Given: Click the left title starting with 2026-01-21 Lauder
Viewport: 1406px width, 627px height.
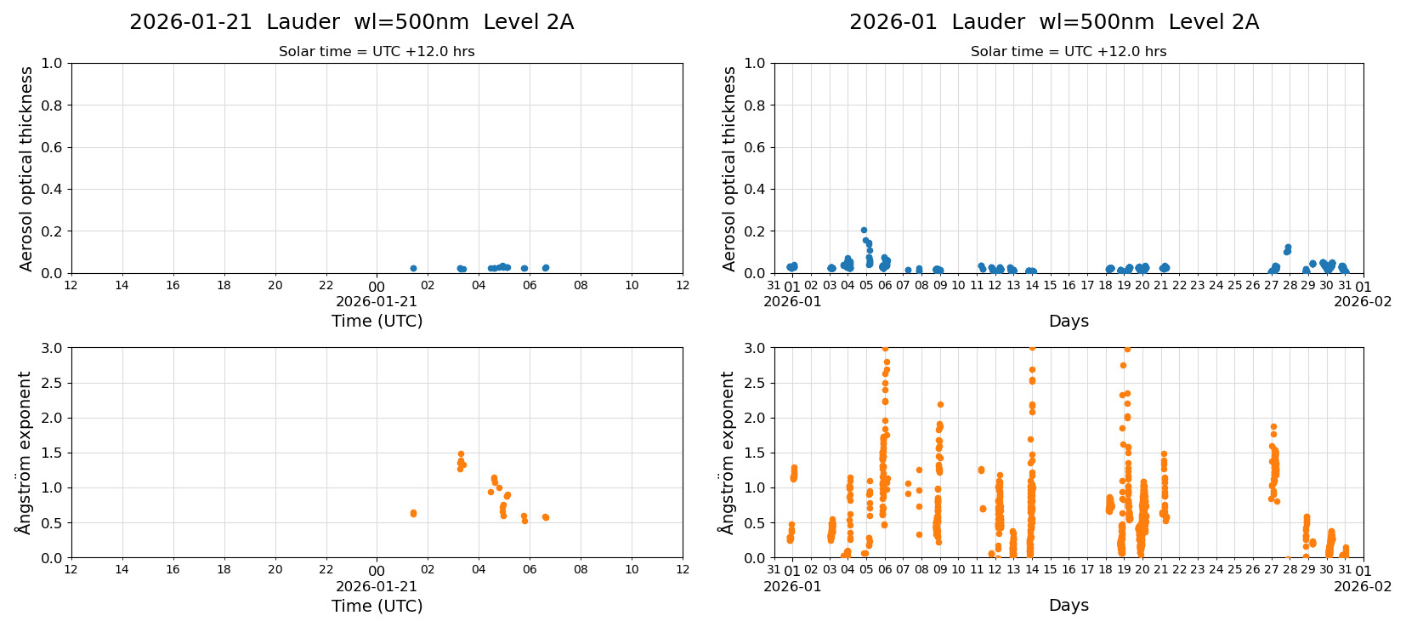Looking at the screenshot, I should [351, 22].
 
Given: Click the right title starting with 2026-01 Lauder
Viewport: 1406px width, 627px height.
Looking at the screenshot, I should [1053, 22].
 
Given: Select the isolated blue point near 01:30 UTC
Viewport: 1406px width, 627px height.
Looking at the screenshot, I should [413, 268].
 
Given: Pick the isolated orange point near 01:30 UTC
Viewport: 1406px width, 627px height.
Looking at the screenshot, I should [413, 513].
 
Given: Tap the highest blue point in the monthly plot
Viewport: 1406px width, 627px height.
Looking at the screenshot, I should [864, 230].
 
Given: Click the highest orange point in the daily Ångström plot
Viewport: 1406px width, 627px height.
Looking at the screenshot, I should [461, 454].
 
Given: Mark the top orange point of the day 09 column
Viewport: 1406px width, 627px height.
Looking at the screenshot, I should [940, 404].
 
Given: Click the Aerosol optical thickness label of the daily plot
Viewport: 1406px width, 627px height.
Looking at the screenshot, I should [26, 168].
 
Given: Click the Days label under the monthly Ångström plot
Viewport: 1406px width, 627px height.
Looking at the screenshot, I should [1068, 605].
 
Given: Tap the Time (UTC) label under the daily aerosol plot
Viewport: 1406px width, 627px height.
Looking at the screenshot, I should [377, 321].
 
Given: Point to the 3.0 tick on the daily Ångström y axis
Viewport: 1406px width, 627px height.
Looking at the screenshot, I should [52, 348].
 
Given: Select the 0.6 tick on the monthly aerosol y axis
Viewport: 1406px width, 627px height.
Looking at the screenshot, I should [755, 147].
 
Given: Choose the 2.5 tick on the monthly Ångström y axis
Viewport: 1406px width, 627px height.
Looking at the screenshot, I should [755, 383].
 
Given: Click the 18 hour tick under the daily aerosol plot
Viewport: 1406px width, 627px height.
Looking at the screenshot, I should [224, 286].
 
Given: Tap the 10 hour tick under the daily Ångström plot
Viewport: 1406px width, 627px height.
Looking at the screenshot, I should [632, 570].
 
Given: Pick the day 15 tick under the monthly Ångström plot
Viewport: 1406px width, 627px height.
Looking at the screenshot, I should [1050, 570].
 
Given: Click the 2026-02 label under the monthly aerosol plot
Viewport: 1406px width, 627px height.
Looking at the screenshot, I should [1362, 301].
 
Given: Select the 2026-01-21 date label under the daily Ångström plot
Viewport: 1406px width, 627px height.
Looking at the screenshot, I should [377, 586].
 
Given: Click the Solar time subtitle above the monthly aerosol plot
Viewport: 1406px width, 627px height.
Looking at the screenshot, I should [1068, 52].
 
